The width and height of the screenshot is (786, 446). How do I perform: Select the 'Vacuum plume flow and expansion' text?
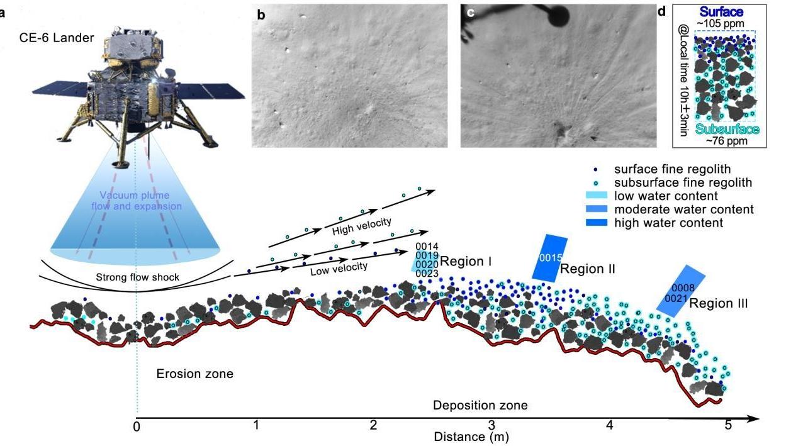(x=134, y=201)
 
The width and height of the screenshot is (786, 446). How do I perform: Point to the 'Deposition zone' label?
(x=480, y=405)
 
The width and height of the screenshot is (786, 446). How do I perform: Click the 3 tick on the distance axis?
(x=492, y=425)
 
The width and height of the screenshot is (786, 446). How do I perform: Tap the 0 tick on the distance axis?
(x=136, y=425)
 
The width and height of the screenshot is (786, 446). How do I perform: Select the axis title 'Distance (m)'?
(x=471, y=436)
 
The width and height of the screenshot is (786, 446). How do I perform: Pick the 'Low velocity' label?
(x=339, y=267)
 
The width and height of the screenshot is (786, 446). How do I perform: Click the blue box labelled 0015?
(x=549, y=258)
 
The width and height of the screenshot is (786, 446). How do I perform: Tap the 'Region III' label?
(x=719, y=303)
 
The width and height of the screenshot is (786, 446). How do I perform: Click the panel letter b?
(x=261, y=15)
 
